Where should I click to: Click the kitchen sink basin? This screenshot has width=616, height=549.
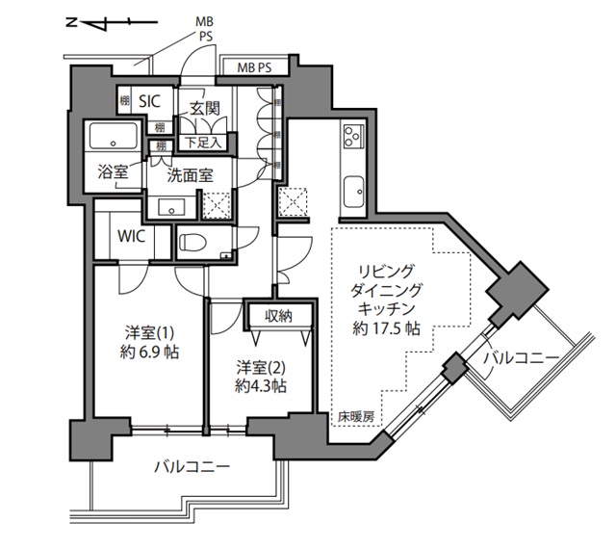(352, 188)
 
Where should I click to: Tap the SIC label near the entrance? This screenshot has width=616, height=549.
(150, 100)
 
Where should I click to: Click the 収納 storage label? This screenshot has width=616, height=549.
(279, 315)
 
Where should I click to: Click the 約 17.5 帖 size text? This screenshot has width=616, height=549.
(385, 327)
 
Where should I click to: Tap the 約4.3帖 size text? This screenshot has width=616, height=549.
(261, 386)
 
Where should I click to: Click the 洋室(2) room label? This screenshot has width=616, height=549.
(261, 366)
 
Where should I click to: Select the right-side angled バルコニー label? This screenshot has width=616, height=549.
(521, 359)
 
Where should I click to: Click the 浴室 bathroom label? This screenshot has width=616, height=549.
(112, 172)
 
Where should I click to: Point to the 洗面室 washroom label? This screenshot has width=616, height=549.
(190, 175)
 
